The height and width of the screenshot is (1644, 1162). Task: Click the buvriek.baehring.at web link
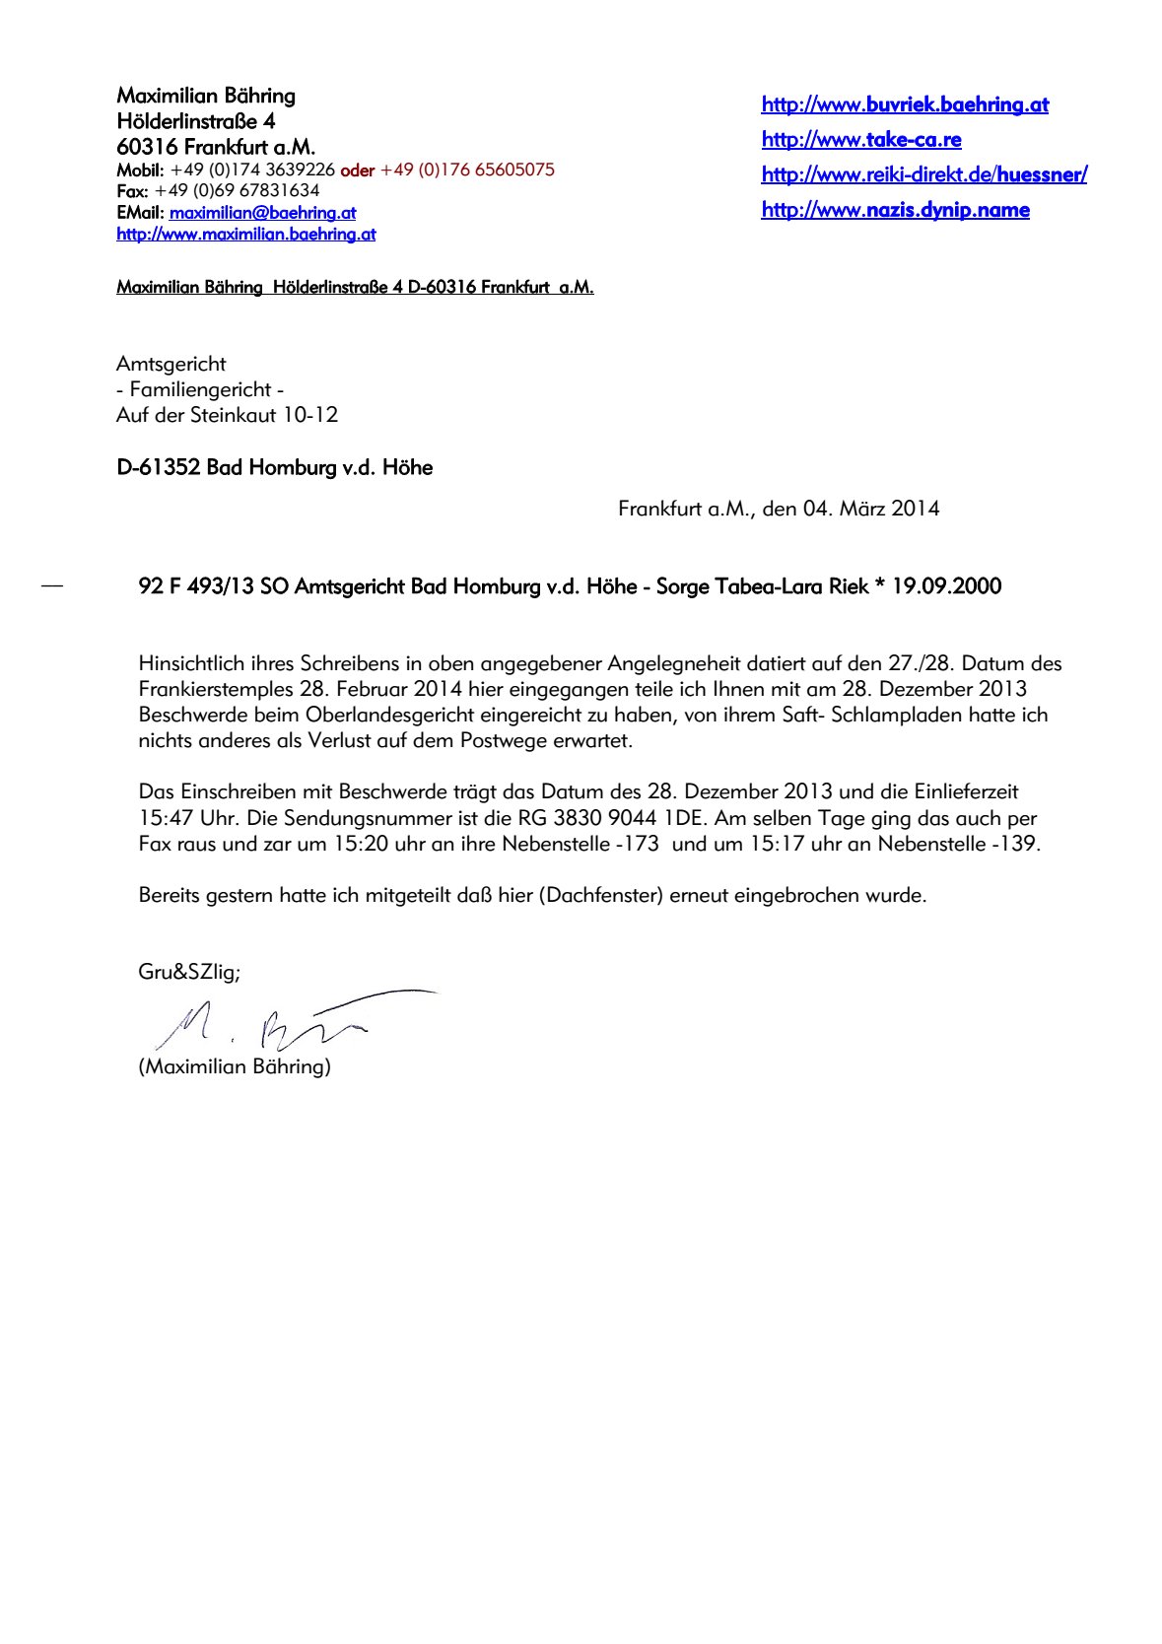coord(904,104)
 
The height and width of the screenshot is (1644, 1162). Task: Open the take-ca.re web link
coord(860,140)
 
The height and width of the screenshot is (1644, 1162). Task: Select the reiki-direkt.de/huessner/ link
coord(923,175)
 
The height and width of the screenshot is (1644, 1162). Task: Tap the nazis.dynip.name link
coord(895,210)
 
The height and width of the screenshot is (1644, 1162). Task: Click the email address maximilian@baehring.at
coord(262,213)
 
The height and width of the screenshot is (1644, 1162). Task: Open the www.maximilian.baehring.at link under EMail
coord(245,235)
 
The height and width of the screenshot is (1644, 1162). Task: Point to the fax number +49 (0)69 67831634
coord(237,190)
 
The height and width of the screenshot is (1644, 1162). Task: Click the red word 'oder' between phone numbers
coord(357,171)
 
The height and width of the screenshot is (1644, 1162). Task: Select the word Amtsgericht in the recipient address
coord(171,364)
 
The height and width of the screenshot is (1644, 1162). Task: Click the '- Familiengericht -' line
coord(199,389)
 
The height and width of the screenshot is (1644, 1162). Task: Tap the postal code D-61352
coord(158,467)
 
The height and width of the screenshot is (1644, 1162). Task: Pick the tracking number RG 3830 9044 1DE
coord(611,818)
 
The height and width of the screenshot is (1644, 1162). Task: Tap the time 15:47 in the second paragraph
coord(166,818)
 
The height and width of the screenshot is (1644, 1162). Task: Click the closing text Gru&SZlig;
coord(188,972)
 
